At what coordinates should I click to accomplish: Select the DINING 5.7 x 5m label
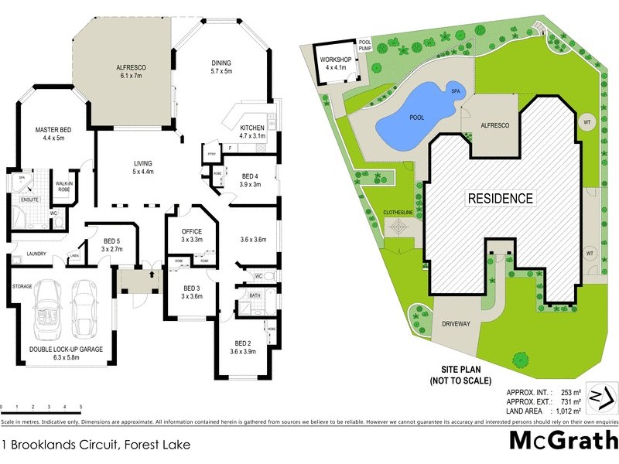222,67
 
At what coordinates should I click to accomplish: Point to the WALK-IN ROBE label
64,186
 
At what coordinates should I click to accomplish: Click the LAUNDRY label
37,254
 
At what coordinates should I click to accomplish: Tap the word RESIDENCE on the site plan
501,198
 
